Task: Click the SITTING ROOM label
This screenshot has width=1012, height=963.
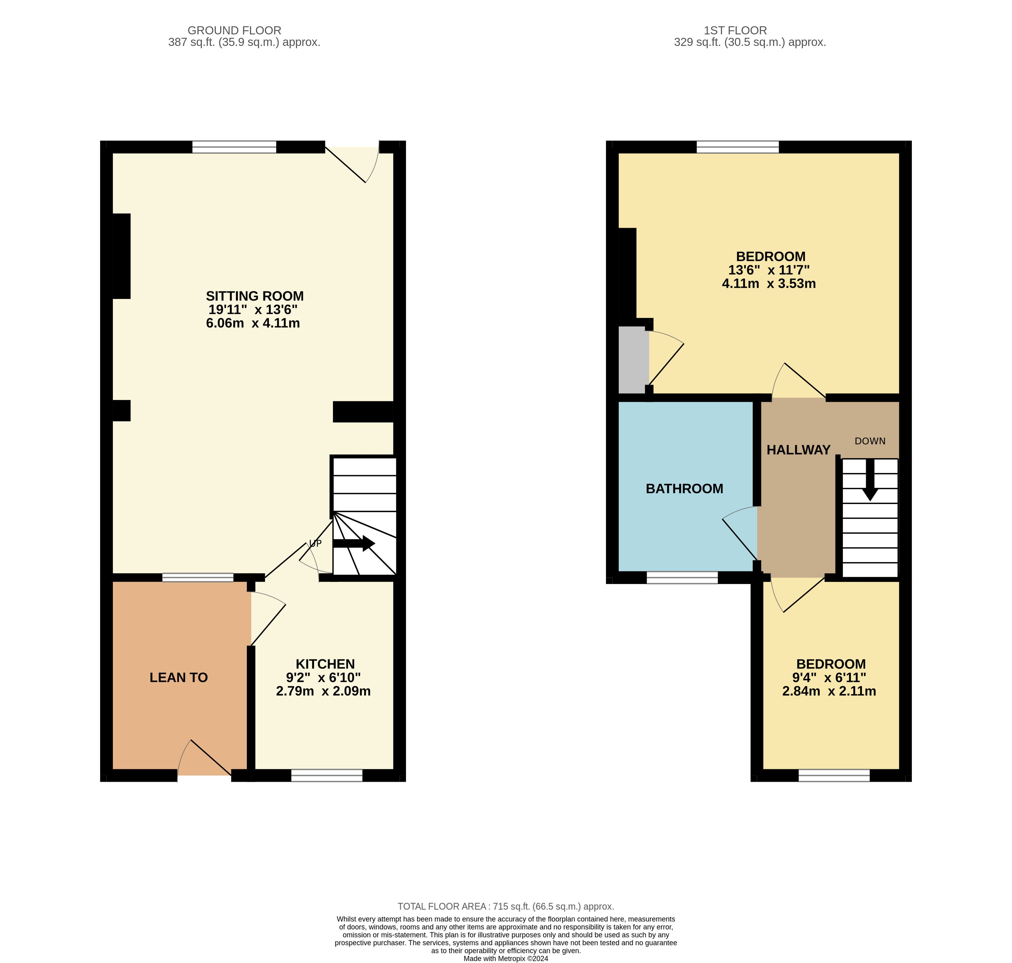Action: [x=255, y=296]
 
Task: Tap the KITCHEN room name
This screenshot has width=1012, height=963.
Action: [x=325, y=664]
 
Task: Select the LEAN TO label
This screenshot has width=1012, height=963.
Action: [x=179, y=678]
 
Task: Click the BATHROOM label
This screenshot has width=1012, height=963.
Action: [x=684, y=489]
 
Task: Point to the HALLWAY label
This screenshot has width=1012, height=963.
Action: [x=798, y=450]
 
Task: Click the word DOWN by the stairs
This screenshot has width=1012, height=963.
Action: [x=870, y=441]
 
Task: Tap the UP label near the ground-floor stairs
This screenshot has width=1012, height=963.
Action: [x=315, y=543]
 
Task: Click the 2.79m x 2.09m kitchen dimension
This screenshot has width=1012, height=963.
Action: [x=323, y=691]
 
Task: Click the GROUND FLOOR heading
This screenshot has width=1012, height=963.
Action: [x=234, y=30]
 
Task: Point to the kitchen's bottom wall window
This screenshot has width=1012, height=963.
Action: [x=327, y=775]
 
